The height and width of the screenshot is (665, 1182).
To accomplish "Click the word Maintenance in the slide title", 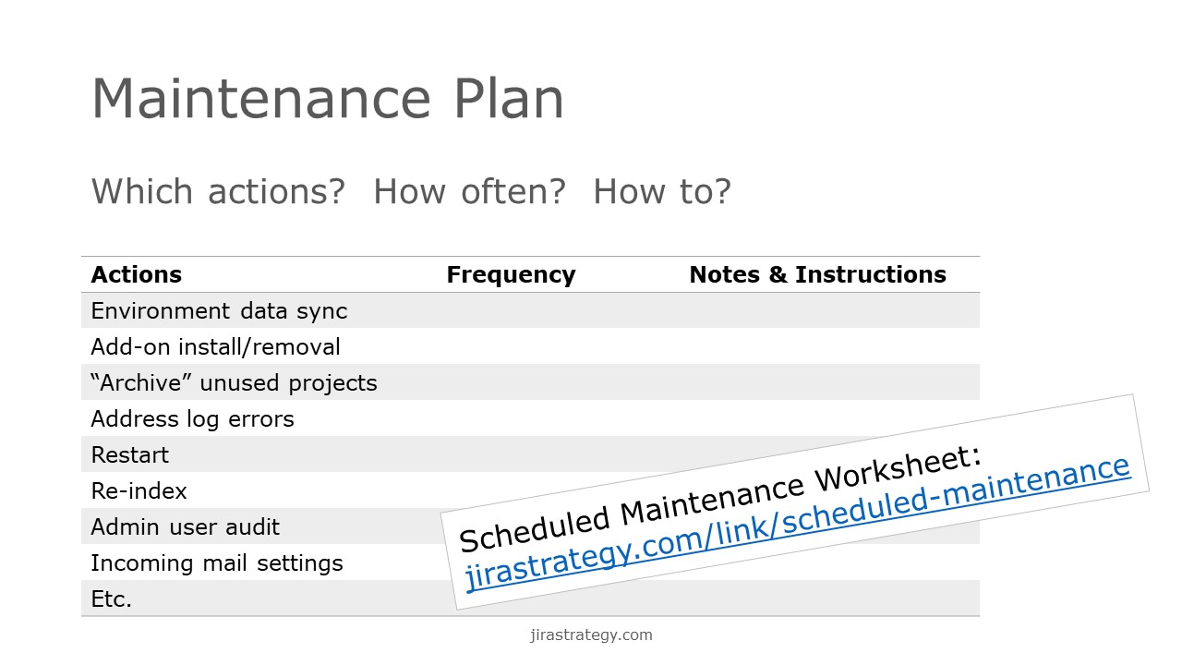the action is [261, 99].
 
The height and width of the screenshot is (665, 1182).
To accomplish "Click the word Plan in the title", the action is [509, 99].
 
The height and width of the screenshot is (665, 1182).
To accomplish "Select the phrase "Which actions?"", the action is [218, 191].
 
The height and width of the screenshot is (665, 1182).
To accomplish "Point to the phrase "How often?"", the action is [469, 191].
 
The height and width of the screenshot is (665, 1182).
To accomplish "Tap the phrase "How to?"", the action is [662, 191].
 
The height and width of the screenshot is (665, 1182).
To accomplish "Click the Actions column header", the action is [136, 274].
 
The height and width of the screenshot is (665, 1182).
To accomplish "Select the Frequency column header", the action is [511, 275].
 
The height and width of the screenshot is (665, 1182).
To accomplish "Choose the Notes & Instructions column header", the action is [818, 274].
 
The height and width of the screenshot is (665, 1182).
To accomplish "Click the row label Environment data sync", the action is [219, 311].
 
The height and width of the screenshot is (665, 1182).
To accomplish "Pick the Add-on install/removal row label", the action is [215, 347].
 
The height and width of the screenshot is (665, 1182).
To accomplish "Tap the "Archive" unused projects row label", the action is [234, 383].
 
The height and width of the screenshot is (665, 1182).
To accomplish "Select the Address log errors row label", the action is [192, 419].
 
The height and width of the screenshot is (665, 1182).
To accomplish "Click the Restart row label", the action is [130, 455].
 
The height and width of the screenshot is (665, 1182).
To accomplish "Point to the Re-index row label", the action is [139, 490].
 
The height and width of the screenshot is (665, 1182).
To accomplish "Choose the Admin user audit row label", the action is [186, 527].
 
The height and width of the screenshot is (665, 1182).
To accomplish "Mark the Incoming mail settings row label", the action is [217, 563].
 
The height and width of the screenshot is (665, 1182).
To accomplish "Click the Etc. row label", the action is [112, 599].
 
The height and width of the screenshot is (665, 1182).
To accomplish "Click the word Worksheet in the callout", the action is [898, 467].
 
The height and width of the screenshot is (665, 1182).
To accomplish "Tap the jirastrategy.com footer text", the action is [591, 635].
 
